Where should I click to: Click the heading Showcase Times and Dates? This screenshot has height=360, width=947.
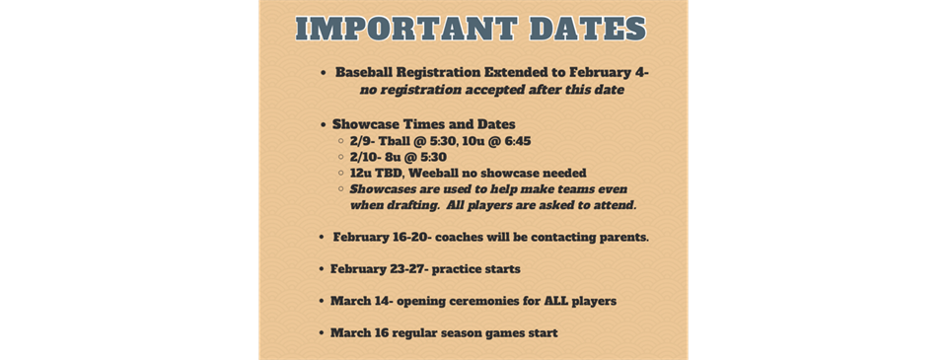point(423,124)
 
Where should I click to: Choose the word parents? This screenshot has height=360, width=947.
point(619,238)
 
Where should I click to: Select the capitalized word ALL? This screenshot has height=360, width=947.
point(546,300)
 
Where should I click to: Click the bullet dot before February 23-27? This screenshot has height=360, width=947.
point(322,269)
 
